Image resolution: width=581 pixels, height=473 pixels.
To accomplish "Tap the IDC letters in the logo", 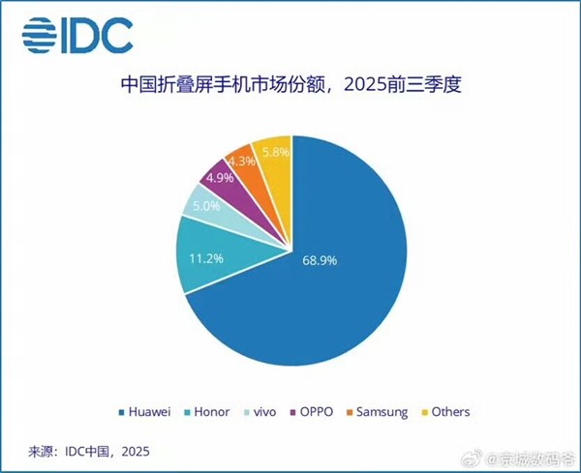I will click(97, 36).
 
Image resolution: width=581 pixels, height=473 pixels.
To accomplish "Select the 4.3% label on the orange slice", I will click(242, 162).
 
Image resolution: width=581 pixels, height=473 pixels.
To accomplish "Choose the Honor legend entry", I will click(207, 412).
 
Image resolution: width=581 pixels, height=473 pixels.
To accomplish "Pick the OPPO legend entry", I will click(308, 412).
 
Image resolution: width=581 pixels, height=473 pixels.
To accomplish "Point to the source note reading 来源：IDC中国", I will click(87, 452).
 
